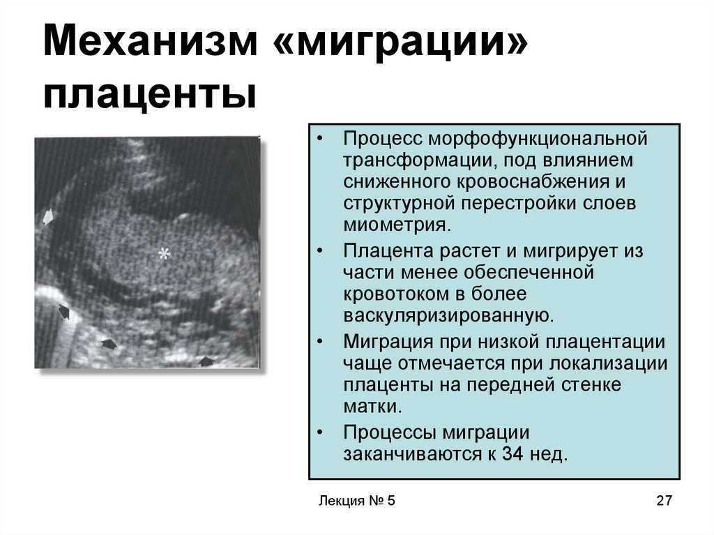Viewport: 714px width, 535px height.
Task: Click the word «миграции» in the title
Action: click(402, 41)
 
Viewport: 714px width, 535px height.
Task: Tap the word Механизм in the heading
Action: click(151, 41)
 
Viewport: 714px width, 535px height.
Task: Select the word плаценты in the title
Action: click(151, 95)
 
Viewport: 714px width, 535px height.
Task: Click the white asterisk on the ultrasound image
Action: click(164, 253)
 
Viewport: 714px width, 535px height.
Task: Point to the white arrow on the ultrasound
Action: click(48, 216)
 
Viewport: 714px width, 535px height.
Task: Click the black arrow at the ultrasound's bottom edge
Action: click(206, 362)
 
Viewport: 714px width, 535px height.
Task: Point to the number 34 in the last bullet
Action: click(512, 453)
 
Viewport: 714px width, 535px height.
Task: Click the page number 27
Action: click(664, 500)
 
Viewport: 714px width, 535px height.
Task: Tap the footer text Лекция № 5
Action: click(356, 500)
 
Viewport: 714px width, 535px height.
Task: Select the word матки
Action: click(372, 406)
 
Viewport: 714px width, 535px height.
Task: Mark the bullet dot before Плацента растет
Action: click(321, 250)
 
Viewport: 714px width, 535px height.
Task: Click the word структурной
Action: click(399, 203)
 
